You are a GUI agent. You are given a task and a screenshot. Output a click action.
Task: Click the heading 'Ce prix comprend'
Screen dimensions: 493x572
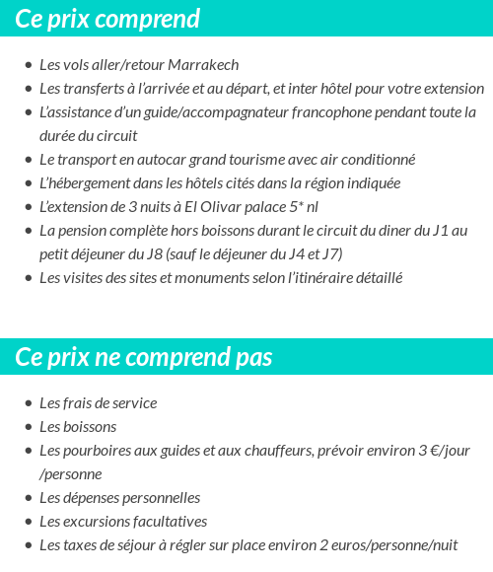[107, 19]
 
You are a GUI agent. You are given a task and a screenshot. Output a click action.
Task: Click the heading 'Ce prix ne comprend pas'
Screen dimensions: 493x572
[144, 357]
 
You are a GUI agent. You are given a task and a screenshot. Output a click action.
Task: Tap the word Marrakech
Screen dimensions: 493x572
[204, 65]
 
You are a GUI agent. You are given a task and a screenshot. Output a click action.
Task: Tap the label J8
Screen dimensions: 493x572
[147, 254]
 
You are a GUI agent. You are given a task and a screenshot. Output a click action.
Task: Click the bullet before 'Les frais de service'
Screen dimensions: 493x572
[28, 404]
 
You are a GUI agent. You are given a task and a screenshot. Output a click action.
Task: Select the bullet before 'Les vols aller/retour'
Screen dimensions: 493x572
[28, 66]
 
